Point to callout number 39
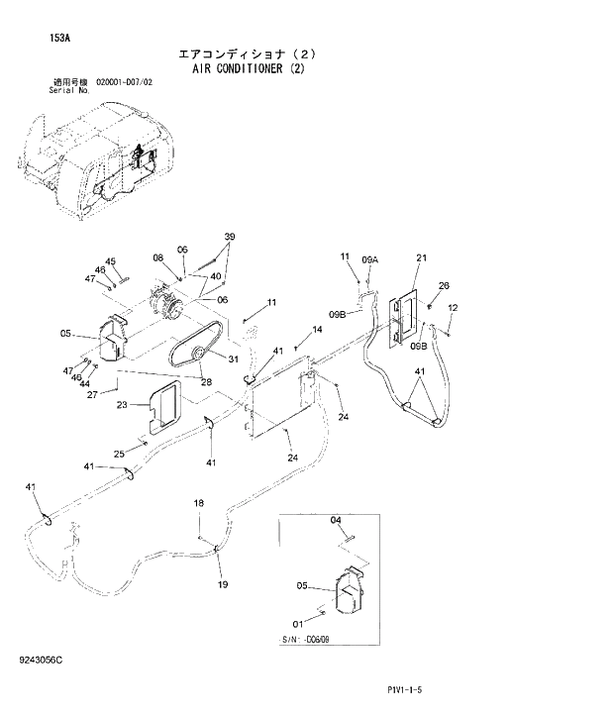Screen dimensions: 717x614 [x=229, y=237]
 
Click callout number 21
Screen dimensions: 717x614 [x=420, y=259]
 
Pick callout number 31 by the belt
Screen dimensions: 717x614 [x=234, y=358]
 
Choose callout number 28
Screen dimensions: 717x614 [x=206, y=381]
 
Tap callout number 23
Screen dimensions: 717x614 [x=123, y=404]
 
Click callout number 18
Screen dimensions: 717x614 [x=198, y=504]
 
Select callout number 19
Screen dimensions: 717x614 [x=222, y=584]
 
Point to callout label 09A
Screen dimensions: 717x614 [x=370, y=259]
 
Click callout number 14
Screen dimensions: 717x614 [x=318, y=330]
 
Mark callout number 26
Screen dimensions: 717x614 [x=444, y=286]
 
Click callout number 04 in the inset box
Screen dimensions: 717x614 [x=336, y=520]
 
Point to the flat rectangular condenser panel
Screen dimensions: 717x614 [x=282, y=396]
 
